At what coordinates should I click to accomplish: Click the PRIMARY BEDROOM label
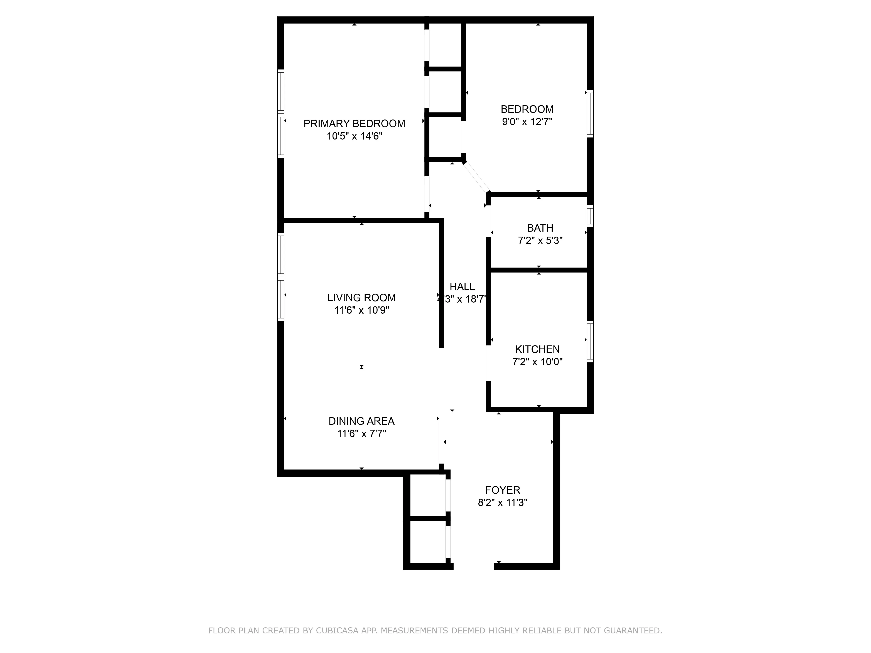pos(354,124)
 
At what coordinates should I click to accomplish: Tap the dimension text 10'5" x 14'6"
pos(354,136)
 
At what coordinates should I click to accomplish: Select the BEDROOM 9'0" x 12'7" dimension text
pos(527,122)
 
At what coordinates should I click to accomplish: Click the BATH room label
pos(540,228)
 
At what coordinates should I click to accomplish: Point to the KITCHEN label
pos(537,349)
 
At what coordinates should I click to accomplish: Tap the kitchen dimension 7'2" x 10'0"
pos(537,362)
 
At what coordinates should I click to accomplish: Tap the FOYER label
pos(502,490)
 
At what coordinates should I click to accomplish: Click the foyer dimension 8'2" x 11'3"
pos(502,503)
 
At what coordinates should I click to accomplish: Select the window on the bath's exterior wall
pos(590,216)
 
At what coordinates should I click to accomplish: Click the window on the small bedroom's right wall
pos(590,113)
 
